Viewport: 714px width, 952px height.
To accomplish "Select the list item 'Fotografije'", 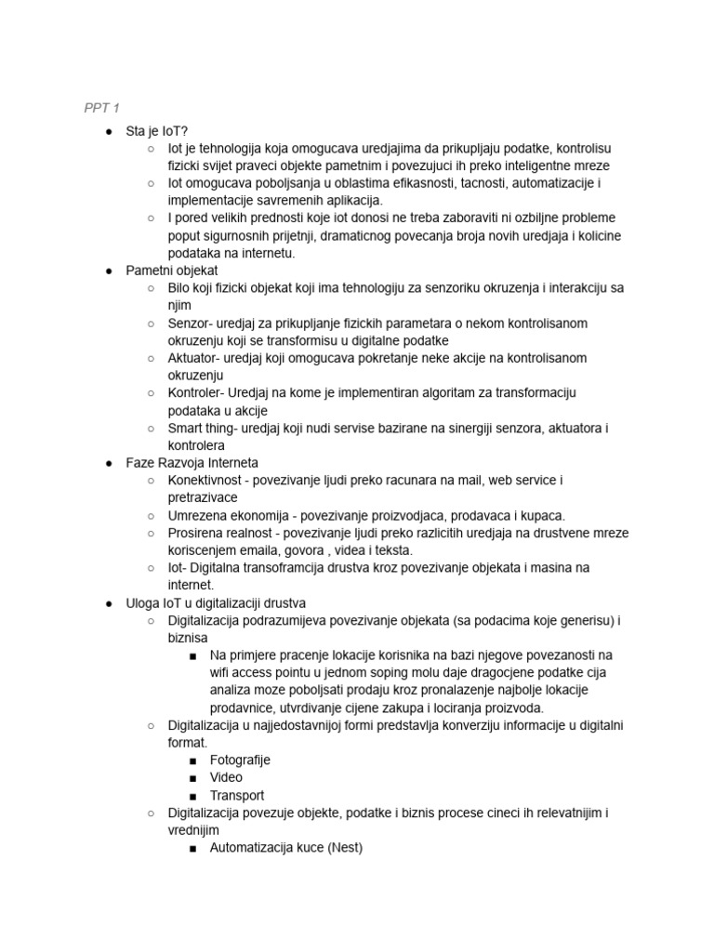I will point(240,760).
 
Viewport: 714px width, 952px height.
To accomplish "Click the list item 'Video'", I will point(226,777).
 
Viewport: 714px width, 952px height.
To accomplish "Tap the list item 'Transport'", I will point(237,795).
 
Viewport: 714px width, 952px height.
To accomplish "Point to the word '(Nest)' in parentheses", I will point(345,847).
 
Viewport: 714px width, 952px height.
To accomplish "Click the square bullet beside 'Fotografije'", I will point(192,760).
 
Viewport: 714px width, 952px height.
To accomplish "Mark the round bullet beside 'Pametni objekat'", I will point(109,271).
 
